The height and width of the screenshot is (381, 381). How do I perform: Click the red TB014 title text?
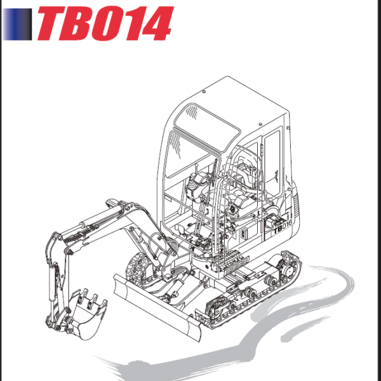point(105,24)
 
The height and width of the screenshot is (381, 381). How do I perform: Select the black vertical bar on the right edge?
point(377,190)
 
